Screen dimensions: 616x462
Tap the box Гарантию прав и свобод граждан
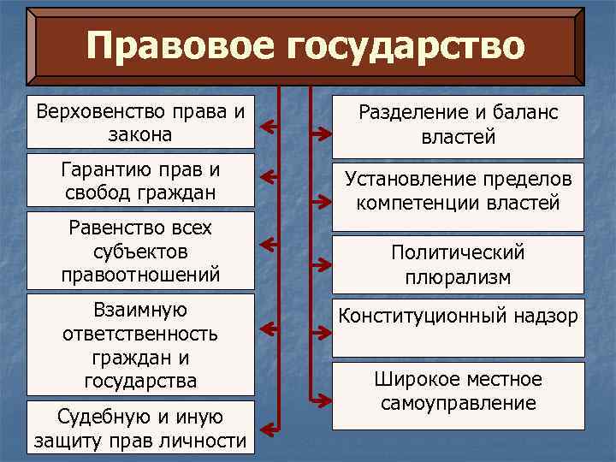[x=141, y=180]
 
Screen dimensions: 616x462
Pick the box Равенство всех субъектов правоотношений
[x=141, y=252]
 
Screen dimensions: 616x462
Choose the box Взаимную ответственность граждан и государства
[x=141, y=345]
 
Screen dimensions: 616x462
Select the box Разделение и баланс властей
[x=458, y=124]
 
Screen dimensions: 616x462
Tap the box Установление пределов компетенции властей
[x=458, y=192]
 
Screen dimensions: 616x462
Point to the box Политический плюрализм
[x=458, y=264]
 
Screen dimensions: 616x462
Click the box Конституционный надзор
[x=458, y=327]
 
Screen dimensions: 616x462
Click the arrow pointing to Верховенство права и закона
[x=270, y=127]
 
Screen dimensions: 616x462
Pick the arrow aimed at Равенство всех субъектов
[x=270, y=245]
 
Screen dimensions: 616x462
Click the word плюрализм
[x=458, y=277]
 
